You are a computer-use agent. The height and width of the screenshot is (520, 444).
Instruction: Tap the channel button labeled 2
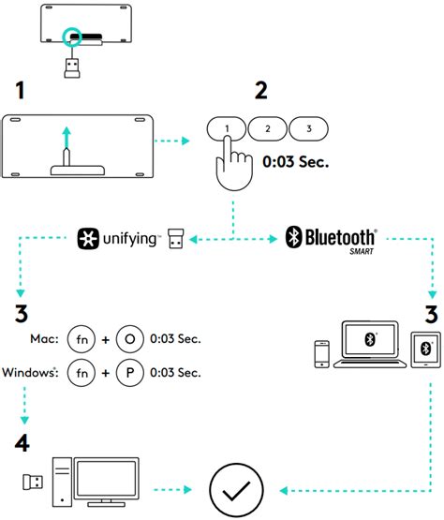(x=268, y=128)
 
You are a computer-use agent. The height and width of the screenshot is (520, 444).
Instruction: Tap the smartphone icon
(x=322, y=351)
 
